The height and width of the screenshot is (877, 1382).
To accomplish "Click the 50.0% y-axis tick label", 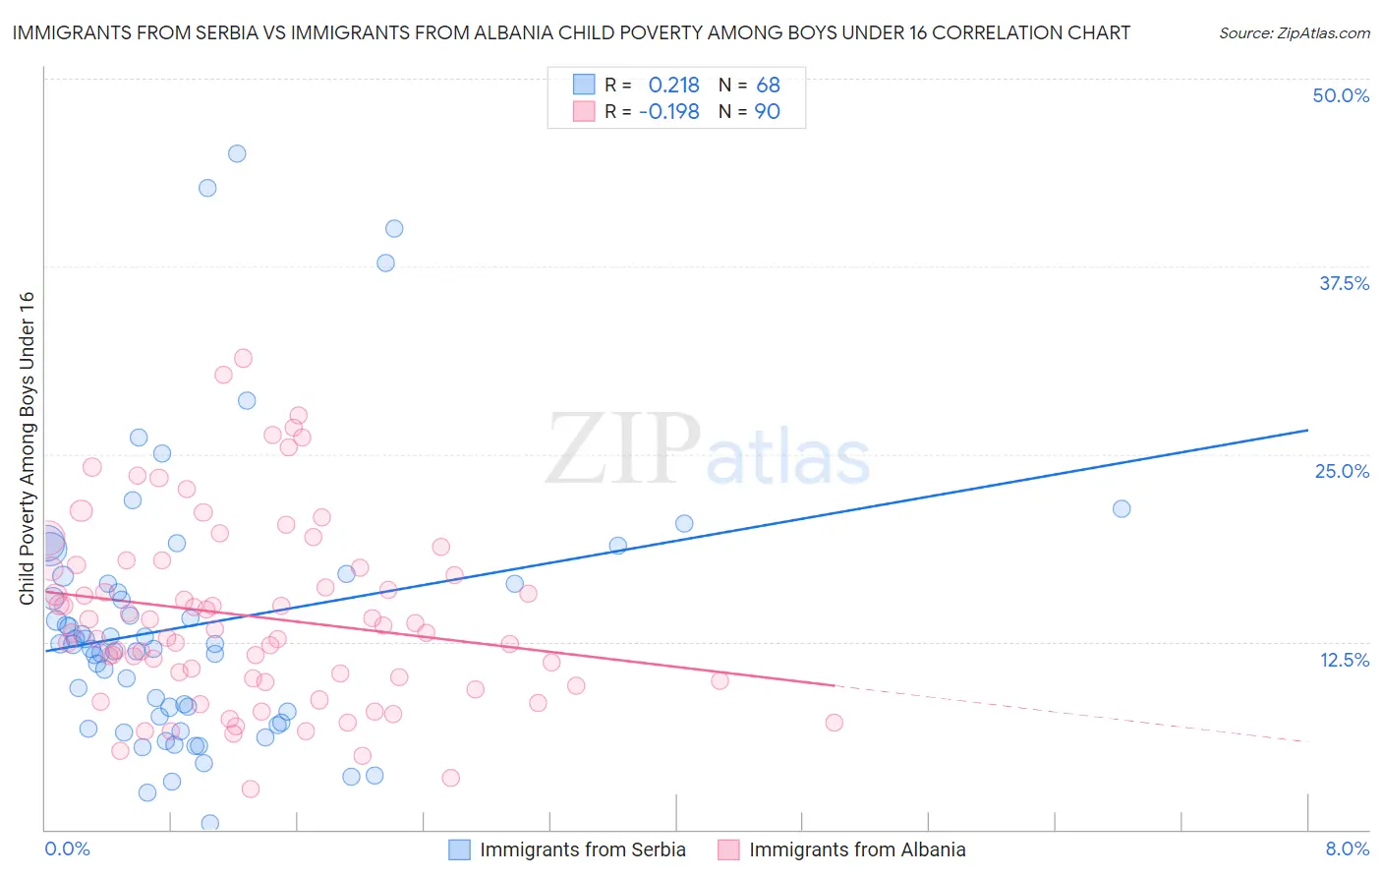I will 1341,95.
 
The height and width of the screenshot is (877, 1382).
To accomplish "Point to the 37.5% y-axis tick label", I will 1344,283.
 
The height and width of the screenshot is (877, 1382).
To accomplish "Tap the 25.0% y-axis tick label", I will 1342,471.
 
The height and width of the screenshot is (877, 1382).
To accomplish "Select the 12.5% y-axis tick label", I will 1344,660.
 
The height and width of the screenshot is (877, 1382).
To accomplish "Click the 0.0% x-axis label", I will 67,848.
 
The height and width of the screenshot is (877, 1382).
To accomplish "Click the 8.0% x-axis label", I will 1347,848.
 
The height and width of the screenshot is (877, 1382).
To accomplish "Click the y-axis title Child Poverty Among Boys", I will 27,448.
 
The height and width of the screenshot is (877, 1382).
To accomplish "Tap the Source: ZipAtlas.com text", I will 1294,33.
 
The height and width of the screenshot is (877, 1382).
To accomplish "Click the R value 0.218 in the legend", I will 673,86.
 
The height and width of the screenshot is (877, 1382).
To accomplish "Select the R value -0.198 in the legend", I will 668,112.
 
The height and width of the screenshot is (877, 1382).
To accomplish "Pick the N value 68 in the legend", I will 768,86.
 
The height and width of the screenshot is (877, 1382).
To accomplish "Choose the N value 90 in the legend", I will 767,112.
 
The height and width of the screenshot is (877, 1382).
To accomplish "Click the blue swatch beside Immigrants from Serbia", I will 459,849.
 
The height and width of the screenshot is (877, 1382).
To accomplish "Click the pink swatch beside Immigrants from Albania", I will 728,849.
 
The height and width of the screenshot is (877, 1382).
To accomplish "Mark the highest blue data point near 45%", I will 237,153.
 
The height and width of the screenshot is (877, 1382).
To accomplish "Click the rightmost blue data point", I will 1122,508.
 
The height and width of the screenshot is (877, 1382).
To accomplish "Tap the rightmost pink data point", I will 835,723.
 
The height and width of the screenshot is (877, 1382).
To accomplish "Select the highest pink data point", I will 243,358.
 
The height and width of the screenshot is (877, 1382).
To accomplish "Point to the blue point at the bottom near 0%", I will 209,823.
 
